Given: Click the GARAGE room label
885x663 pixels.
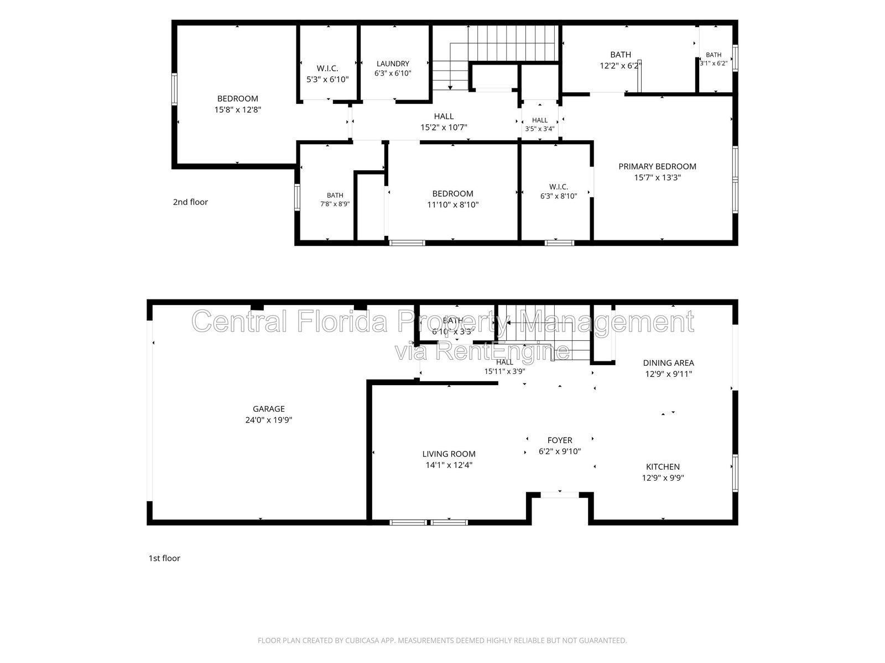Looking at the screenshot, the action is (x=268, y=409).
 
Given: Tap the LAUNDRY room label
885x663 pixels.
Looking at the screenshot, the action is (x=393, y=64).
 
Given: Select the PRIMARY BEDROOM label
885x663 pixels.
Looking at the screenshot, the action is (x=657, y=166).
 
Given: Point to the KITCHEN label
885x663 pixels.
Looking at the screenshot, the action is (x=663, y=466).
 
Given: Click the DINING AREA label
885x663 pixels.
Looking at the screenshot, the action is (x=669, y=362).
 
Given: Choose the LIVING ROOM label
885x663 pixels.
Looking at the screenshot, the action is (x=449, y=454).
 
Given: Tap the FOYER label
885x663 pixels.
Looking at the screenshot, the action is (x=560, y=440).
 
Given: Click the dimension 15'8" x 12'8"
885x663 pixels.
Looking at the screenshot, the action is (x=238, y=109).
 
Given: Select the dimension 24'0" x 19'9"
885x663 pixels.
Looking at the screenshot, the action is (x=268, y=420).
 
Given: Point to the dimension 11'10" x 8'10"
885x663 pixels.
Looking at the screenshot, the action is (x=453, y=204).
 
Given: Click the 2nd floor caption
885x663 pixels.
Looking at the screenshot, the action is (x=190, y=202).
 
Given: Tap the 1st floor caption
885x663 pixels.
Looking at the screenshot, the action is (x=164, y=558).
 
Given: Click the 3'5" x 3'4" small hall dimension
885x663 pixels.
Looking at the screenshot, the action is (x=539, y=129).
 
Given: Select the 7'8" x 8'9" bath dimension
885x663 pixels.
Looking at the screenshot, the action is (x=335, y=204).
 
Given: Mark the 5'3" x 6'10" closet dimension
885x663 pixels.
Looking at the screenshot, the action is (x=327, y=80).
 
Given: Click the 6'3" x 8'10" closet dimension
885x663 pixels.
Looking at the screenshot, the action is (x=559, y=196).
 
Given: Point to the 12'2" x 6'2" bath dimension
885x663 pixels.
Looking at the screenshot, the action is (x=620, y=66).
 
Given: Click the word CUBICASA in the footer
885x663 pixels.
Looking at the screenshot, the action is (x=362, y=640).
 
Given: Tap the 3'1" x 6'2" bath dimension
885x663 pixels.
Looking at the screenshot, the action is (x=713, y=63).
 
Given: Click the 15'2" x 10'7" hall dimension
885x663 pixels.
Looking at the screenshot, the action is (x=444, y=127).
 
